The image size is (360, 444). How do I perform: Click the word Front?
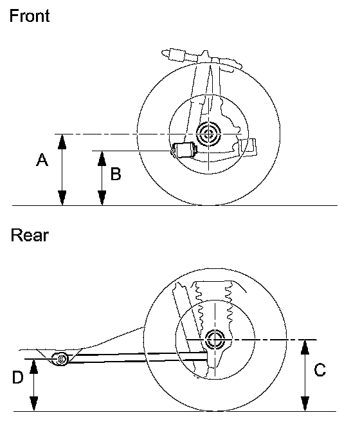[x=30, y=15]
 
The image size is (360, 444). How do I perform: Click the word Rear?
[x=30, y=236]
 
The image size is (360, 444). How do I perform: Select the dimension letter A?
[x=42, y=160]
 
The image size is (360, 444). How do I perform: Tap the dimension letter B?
[x=116, y=174]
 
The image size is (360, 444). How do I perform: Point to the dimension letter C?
[x=320, y=369]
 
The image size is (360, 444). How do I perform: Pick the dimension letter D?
[x=17, y=377]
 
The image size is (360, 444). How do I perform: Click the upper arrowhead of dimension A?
[x=62, y=142]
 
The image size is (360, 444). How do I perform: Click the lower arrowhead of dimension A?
[x=62, y=198]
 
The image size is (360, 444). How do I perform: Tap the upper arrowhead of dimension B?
[x=102, y=158]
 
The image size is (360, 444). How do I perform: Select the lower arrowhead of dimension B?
[x=102, y=198]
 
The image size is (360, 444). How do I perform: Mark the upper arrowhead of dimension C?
[x=305, y=347]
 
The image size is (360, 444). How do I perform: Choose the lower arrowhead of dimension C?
[x=305, y=403]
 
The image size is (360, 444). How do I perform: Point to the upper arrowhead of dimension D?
[x=33, y=367]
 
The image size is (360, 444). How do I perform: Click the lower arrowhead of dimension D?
[x=33, y=403]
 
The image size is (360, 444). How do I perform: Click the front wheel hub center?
[x=209, y=134]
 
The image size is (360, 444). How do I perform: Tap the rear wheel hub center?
[x=215, y=339]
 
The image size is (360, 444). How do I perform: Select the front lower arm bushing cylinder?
[x=184, y=150]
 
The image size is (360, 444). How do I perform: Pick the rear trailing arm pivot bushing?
[x=61, y=359]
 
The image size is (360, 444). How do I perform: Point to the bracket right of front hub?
[x=248, y=147]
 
